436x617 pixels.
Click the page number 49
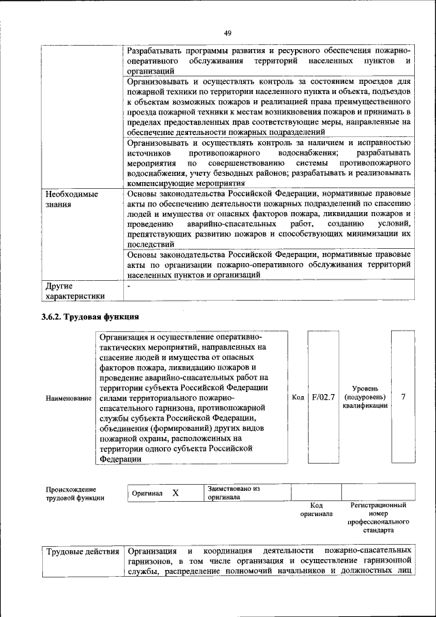(x=228, y=33)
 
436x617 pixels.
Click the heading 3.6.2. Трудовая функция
(x=90, y=316)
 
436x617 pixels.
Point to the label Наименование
(x=68, y=397)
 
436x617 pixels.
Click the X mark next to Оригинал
(x=175, y=493)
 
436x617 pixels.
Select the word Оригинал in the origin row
(x=147, y=493)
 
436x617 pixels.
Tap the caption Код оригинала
(x=316, y=510)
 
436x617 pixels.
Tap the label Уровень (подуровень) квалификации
(x=365, y=397)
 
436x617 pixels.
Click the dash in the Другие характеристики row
(x=129, y=286)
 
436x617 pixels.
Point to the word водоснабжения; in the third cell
(x=303, y=154)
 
